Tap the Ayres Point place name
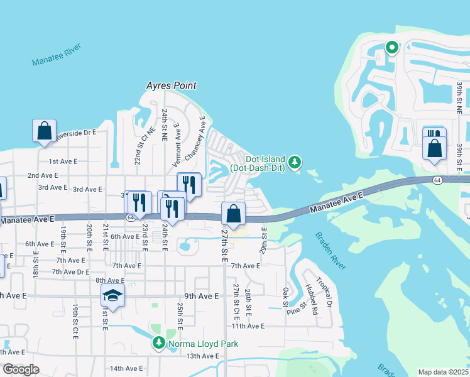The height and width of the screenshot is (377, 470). coord(171,85)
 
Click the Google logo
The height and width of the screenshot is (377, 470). coord(21,369)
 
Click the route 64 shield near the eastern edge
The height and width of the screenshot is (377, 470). coord(437,180)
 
